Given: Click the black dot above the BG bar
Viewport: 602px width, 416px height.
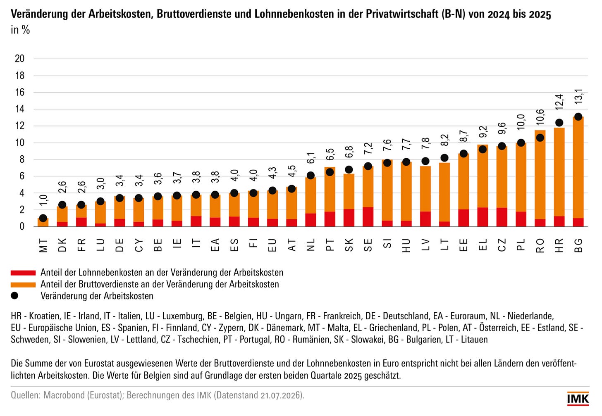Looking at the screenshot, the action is pyautogui.click(x=578, y=117).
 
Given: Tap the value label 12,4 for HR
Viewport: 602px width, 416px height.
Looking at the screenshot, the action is pyautogui.click(x=559, y=102).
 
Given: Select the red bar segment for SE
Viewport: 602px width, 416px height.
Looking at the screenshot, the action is pyautogui.click(x=368, y=217).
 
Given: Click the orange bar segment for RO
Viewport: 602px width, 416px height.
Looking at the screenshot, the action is pyautogui.click(x=540, y=175).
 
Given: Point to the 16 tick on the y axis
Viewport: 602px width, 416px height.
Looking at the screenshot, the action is pyautogui.click(x=19, y=93).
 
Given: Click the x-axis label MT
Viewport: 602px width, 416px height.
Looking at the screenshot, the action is pyautogui.click(x=43, y=245).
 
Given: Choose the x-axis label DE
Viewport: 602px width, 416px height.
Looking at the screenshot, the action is pyautogui.click(x=119, y=245).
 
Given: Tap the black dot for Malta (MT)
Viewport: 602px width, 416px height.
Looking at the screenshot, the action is pyautogui.click(x=43, y=218).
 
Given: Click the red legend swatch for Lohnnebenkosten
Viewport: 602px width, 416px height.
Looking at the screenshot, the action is pyautogui.click(x=23, y=273).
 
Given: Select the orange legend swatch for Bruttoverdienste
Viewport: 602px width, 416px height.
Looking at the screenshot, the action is pyautogui.click(x=23, y=285).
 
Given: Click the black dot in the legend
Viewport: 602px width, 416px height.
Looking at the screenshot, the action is pyautogui.click(x=14, y=296).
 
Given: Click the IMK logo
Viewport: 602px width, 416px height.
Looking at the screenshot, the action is pyautogui.click(x=578, y=399).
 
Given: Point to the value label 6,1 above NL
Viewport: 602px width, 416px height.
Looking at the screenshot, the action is pyautogui.click(x=311, y=158).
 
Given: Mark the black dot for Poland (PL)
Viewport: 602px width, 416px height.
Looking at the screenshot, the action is pyautogui.click(x=521, y=143).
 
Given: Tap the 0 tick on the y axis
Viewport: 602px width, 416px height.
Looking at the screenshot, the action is pyautogui.click(x=22, y=227).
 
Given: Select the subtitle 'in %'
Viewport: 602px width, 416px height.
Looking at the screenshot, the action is pyautogui.click(x=20, y=30).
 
